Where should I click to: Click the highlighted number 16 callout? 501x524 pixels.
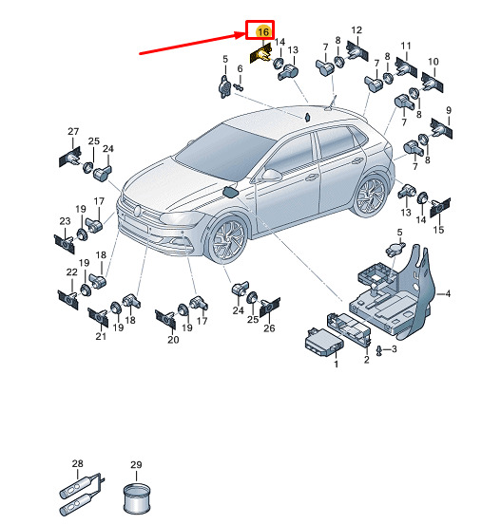(262, 31)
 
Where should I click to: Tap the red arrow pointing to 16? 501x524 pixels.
(193, 43)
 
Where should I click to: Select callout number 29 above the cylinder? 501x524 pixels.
(136, 464)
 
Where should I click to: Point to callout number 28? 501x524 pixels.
(77, 463)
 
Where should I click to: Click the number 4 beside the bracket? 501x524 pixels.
(448, 293)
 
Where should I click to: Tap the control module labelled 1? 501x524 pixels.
(323, 342)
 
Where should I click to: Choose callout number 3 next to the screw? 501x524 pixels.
(394, 349)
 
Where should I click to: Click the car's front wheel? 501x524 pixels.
(228, 239)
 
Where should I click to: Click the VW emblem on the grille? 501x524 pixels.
(137, 211)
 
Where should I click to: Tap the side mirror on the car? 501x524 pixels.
(272, 175)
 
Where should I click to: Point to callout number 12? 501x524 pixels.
(356, 30)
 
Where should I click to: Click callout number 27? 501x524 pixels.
(73, 132)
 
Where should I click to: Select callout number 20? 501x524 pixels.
(173, 340)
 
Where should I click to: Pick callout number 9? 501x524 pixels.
(449, 110)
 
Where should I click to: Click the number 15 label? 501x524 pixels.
(438, 230)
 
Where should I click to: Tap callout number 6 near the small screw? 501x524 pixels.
(240, 69)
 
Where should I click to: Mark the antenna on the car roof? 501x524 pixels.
(330, 103)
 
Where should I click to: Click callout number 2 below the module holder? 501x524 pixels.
(367, 360)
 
